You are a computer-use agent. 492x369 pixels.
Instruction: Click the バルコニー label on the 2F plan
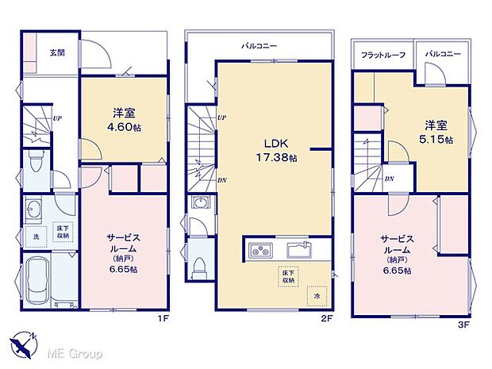[259, 46]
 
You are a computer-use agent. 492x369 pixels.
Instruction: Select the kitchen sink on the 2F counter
[299, 249]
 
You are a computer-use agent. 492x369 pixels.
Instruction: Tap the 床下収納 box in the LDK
[286, 277]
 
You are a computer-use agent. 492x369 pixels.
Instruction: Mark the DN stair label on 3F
[390, 179]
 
